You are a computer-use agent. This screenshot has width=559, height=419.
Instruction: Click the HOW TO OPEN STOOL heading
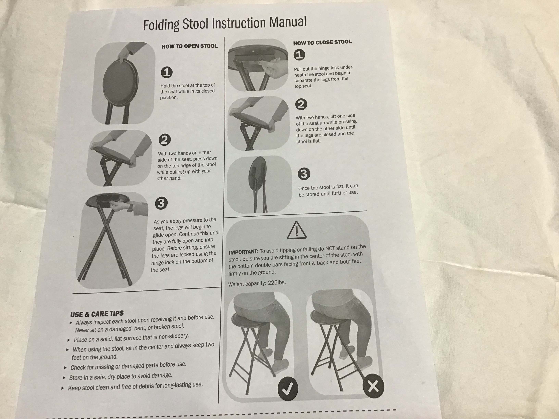pos(190,46)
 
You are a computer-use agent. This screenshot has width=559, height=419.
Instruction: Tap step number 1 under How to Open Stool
pos(166,72)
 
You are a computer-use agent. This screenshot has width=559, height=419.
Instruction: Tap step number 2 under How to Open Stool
pos(165,140)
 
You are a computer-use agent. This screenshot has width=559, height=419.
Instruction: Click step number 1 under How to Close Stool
pos(299,55)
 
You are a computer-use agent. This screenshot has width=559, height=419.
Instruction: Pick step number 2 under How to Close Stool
pos(301,104)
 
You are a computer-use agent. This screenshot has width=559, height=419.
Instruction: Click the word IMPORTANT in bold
pos(243,252)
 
